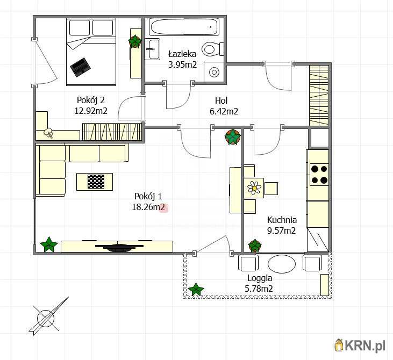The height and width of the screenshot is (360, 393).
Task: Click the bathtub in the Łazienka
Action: coord(183,27)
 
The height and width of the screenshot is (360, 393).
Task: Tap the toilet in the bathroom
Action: coord(213,49)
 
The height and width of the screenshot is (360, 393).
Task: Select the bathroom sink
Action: coord(152,49)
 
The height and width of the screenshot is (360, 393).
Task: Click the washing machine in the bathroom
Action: coord(214,72)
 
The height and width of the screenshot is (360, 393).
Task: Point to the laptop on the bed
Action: coord(80,67)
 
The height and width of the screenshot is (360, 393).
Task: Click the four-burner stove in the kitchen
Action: coord(319,175)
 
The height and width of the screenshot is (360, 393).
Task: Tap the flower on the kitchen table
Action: coord(254,188)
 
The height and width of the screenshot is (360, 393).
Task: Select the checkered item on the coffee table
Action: coord(96,182)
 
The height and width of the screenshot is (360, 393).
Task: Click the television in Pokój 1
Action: coord(119,247)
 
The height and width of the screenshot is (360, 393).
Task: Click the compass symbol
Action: coord(48,317)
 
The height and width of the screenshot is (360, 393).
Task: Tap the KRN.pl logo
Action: coord(360,345)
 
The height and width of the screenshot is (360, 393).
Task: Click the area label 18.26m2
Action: coord(148,207)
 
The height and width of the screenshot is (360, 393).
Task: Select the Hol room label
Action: coord(221,100)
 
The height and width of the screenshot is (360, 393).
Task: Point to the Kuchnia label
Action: coord(282,220)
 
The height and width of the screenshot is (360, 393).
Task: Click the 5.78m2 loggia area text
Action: coord(259,289)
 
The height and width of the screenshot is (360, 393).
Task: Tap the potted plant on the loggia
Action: coord(196,290)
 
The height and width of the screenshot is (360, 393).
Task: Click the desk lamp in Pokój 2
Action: coord(48,133)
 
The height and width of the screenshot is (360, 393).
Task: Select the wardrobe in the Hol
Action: coord(319,96)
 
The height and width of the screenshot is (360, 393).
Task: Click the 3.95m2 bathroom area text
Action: coord(182,65)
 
